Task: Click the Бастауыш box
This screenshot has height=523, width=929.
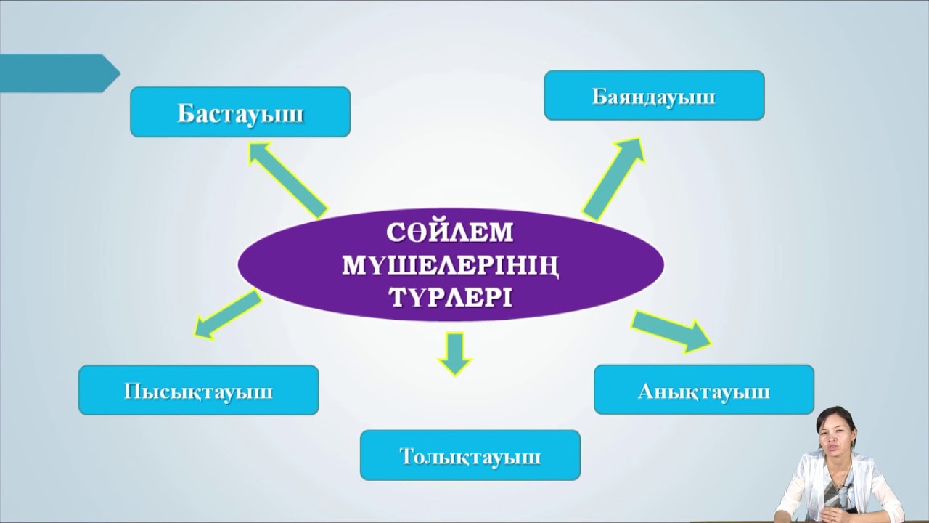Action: (x=240, y=113)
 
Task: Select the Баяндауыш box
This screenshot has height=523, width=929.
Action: (x=654, y=95)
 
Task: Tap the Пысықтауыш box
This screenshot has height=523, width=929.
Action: (x=198, y=390)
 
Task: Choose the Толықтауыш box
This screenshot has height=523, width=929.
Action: (x=470, y=455)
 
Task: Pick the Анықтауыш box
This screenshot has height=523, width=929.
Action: (x=703, y=390)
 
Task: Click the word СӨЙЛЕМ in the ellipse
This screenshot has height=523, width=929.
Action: (x=450, y=234)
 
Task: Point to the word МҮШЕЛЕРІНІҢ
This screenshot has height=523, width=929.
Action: (x=450, y=266)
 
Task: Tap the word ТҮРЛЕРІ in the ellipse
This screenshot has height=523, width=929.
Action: (x=450, y=297)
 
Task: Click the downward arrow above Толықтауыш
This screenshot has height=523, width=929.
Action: (x=455, y=353)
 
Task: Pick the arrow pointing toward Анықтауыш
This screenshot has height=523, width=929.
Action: (x=671, y=331)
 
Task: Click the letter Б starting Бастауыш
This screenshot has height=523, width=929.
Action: (x=186, y=114)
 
